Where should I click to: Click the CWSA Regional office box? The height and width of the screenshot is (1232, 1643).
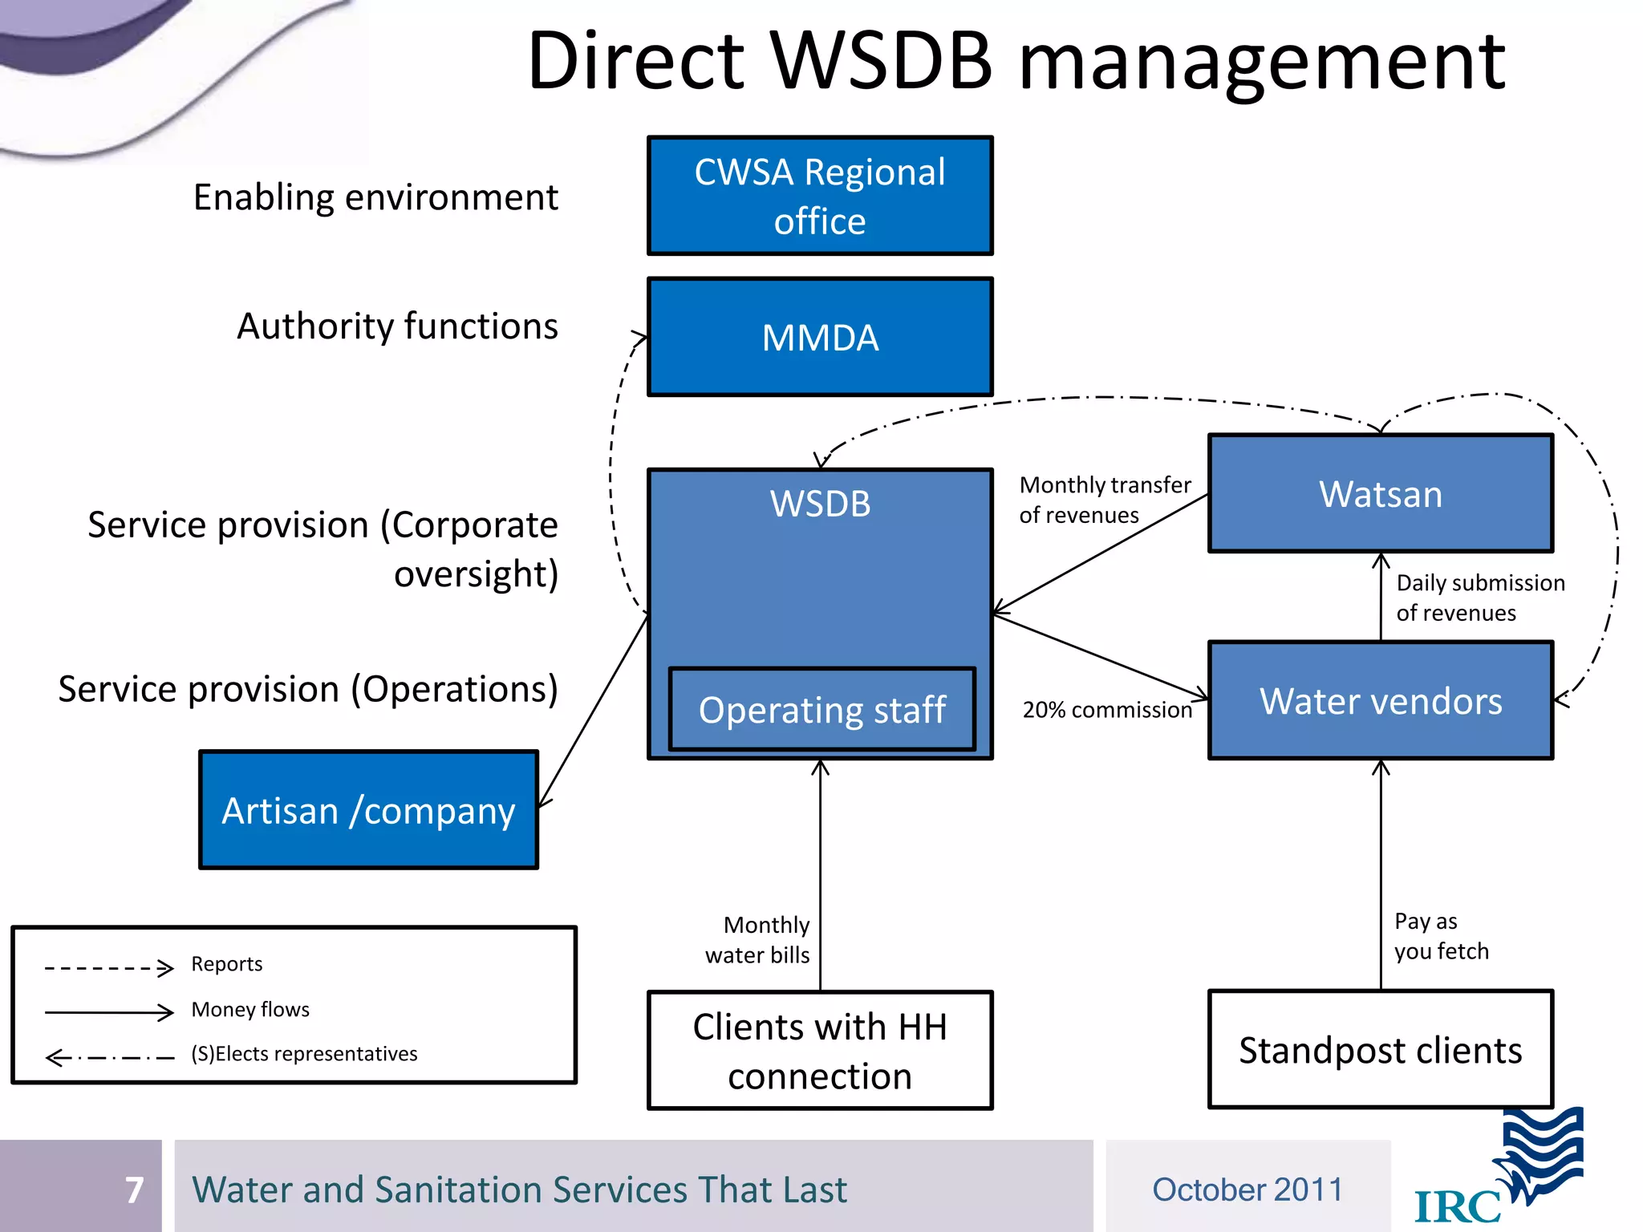[x=820, y=196]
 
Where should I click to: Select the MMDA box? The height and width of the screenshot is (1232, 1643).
[x=820, y=337]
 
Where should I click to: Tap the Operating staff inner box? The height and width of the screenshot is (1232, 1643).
[x=821, y=710]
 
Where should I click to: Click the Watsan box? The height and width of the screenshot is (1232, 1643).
[x=1380, y=493]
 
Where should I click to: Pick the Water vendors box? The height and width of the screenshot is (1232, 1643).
[x=1380, y=700]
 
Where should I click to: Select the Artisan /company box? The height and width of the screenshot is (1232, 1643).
[x=368, y=810]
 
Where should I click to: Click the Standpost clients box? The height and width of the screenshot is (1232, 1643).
[x=1380, y=1050]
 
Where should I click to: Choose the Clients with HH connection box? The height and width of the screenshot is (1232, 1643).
[x=820, y=1051]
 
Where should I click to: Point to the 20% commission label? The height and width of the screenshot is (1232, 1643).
[x=1107, y=710]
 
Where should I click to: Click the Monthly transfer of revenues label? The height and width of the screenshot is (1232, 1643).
[x=1104, y=500]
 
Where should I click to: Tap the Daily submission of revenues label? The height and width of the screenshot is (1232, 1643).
[x=1479, y=598]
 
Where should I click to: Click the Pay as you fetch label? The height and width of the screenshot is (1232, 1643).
[x=1440, y=936]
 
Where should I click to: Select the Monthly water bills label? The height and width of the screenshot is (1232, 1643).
[x=758, y=940]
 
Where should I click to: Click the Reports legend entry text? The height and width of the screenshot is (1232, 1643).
[x=227, y=964]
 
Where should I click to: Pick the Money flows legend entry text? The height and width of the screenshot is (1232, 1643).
[x=250, y=1009]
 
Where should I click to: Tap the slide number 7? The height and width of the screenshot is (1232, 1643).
[x=134, y=1189]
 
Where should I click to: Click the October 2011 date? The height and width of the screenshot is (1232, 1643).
[x=1247, y=1189]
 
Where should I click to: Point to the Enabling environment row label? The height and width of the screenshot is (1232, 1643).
[x=375, y=197]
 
